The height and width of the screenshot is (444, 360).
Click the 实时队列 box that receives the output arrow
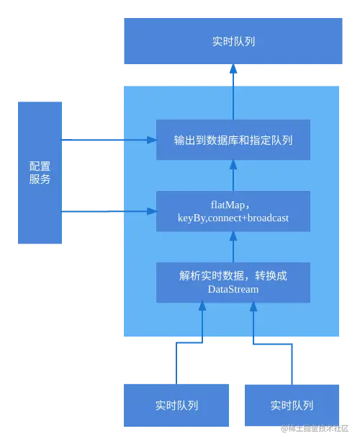click(233, 42)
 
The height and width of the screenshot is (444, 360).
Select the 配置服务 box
click(40, 173)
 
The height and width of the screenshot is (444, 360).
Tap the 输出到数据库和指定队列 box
click(233, 140)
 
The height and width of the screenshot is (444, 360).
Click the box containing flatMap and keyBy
click(233, 211)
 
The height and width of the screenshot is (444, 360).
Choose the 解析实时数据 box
click(233, 282)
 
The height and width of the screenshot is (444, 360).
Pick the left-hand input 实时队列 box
click(176, 405)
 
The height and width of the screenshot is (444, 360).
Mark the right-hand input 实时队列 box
click(292, 405)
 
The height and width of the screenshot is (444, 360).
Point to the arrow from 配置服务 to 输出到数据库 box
click(108, 140)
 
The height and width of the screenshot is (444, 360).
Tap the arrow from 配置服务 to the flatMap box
click(108, 211)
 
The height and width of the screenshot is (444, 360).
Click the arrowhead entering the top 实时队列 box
click(233, 70)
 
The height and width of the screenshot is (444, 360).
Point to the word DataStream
click(233, 289)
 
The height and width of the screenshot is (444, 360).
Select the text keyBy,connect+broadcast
click(233, 218)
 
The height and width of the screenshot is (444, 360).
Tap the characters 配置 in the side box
click(40, 166)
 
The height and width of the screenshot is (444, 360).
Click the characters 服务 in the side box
click(40, 180)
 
